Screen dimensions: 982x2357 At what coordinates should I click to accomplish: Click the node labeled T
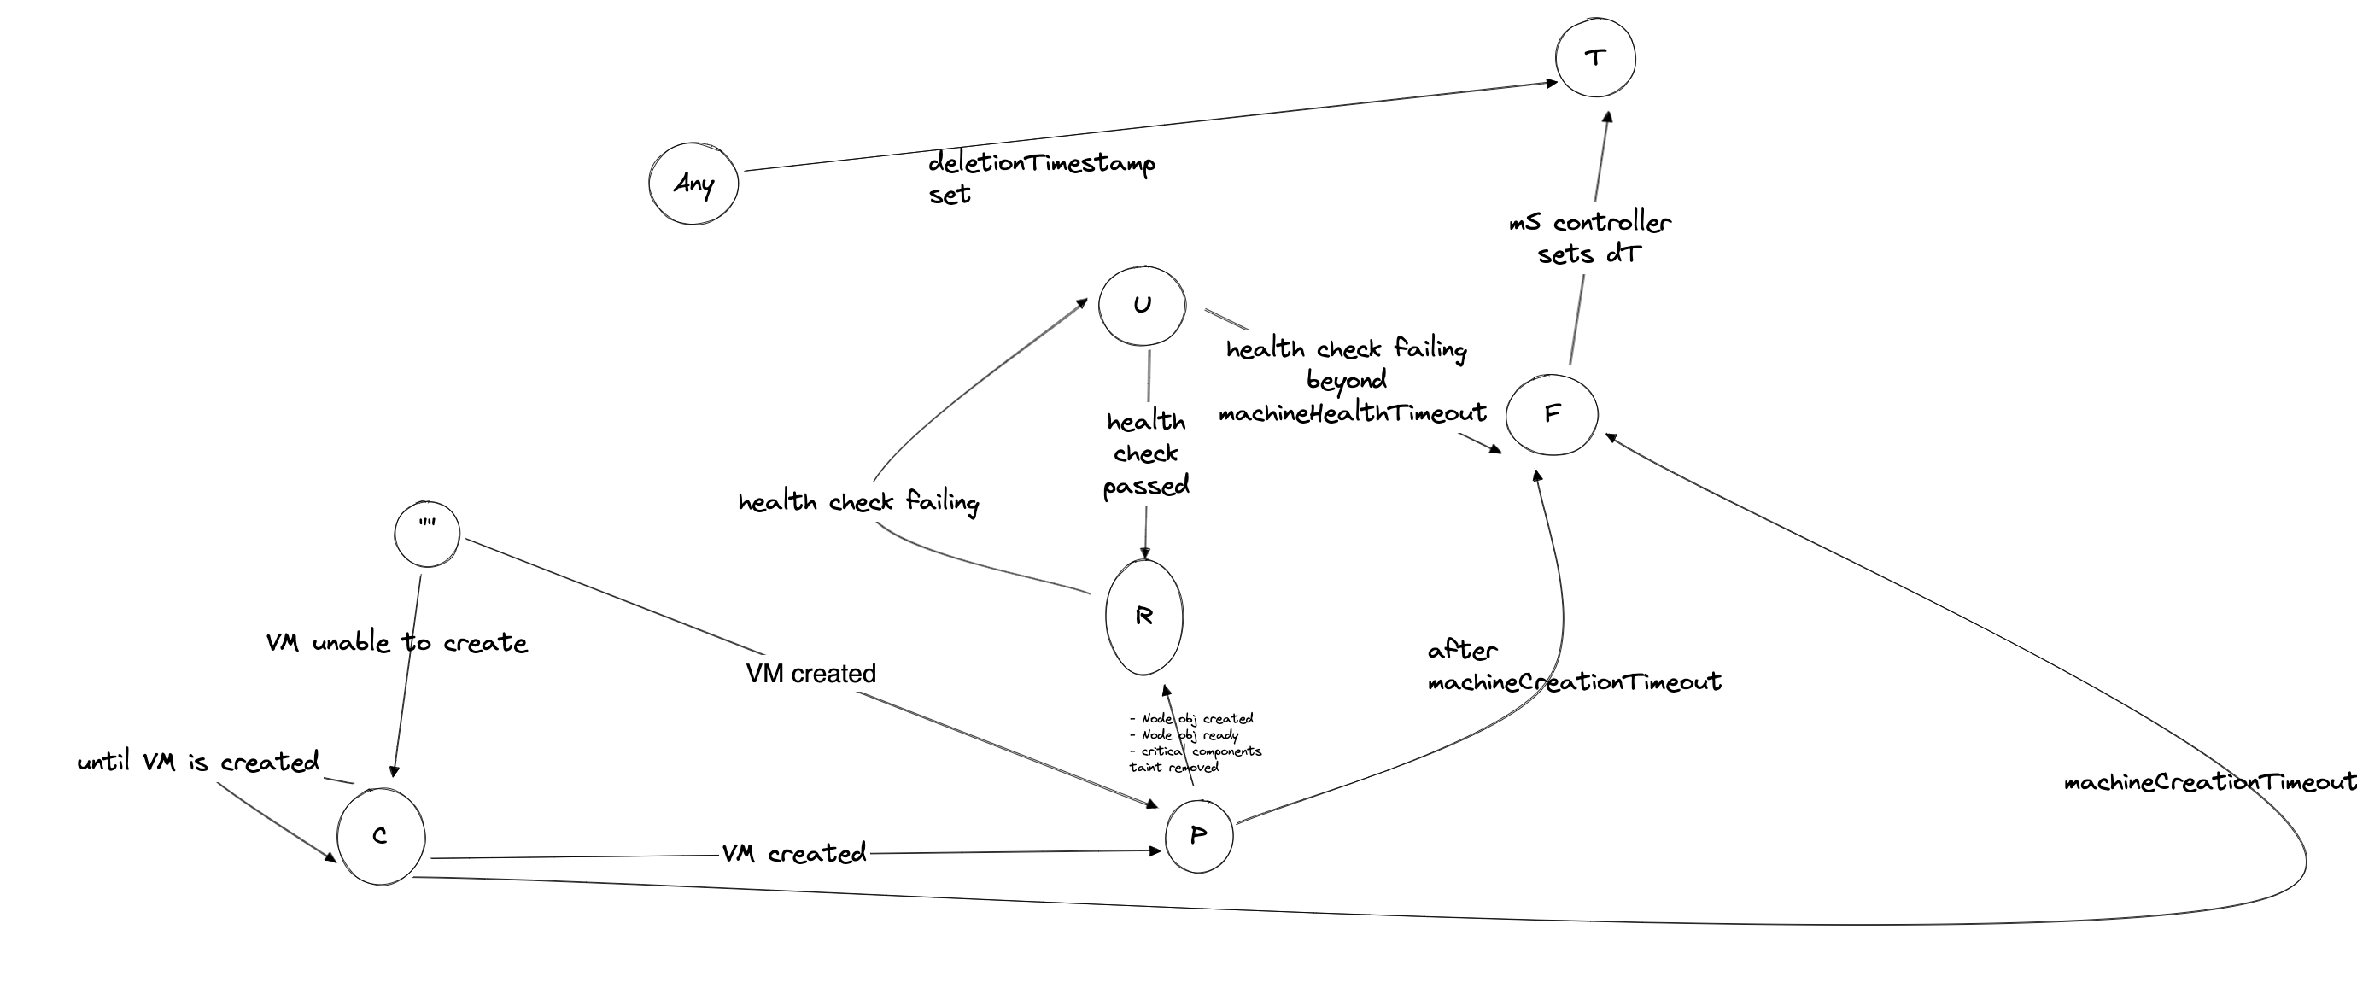click(1595, 58)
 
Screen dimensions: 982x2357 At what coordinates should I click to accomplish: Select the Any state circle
click(693, 183)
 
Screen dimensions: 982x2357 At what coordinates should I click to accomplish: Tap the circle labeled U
click(1142, 306)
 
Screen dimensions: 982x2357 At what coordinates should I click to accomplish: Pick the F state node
click(1552, 413)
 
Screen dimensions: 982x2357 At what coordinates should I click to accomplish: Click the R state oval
click(1143, 617)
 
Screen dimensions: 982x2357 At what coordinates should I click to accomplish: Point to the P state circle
click(1199, 836)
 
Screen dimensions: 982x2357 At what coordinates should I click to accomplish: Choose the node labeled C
click(381, 837)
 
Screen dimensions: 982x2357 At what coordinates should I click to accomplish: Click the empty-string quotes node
click(427, 534)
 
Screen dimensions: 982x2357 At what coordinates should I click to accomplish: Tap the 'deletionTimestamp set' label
click(1041, 178)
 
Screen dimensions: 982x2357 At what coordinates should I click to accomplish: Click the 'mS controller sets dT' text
click(1590, 238)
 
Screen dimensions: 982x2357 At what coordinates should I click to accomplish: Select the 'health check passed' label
click(1146, 454)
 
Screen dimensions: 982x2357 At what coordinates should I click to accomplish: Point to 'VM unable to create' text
click(397, 643)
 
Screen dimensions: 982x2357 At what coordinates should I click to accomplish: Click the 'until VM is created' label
click(198, 763)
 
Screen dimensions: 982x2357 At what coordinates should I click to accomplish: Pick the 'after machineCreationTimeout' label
click(1574, 666)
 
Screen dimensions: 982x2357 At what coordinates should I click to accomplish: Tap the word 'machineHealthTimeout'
click(1353, 413)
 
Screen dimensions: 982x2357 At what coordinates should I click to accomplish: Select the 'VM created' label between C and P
click(794, 854)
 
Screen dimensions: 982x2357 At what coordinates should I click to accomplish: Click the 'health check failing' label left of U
click(858, 501)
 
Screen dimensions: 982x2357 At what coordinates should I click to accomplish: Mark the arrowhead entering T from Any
click(1552, 82)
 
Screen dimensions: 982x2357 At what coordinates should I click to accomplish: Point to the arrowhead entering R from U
click(1144, 553)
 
